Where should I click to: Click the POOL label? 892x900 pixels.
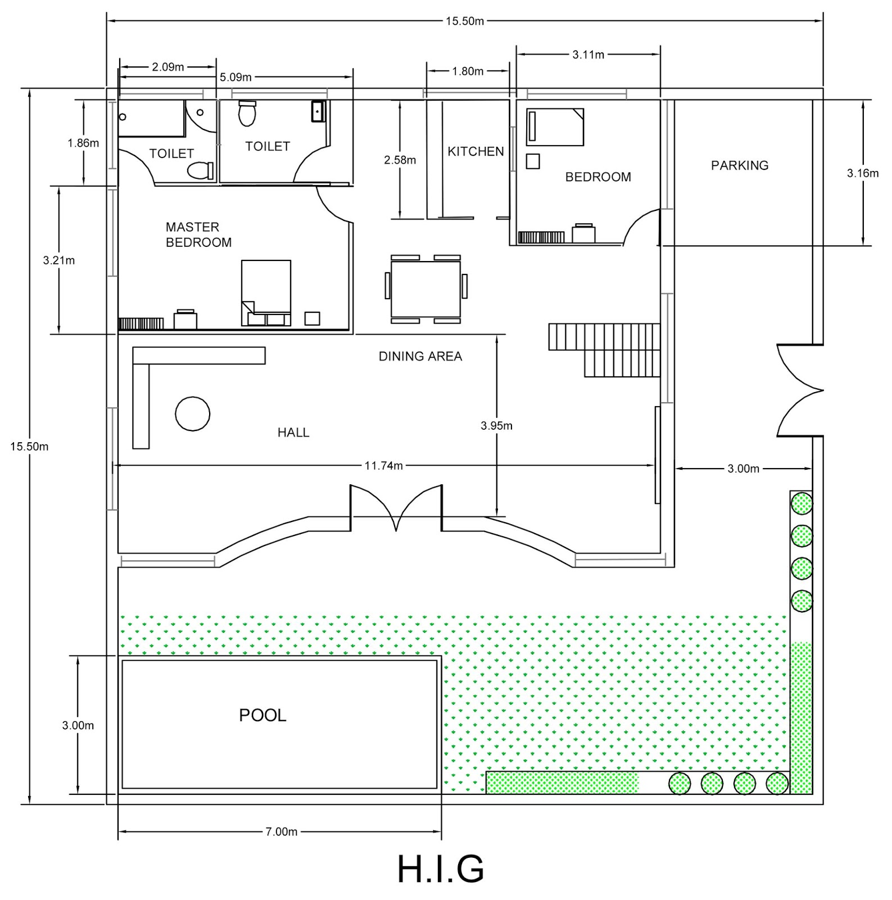click(262, 715)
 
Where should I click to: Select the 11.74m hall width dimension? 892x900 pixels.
click(383, 466)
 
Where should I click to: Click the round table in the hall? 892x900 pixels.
click(192, 413)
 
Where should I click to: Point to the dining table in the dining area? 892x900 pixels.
click(425, 289)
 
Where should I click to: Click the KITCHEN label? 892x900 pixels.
click(476, 151)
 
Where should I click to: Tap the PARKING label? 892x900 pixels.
click(739, 165)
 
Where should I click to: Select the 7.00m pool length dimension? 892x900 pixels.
click(281, 831)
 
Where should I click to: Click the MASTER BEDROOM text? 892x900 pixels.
click(198, 235)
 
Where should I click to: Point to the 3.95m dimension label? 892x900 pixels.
click(496, 426)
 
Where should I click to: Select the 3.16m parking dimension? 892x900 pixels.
click(862, 173)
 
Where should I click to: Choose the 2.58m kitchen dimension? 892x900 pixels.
click(400, 160)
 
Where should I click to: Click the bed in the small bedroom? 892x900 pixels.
click(555, 127)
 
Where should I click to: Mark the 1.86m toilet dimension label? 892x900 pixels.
click(83, 143)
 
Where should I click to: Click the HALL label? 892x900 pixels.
click(293, 432)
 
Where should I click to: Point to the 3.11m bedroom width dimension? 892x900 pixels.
click(588, 55)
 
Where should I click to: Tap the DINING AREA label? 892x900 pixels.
click(420, 356)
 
